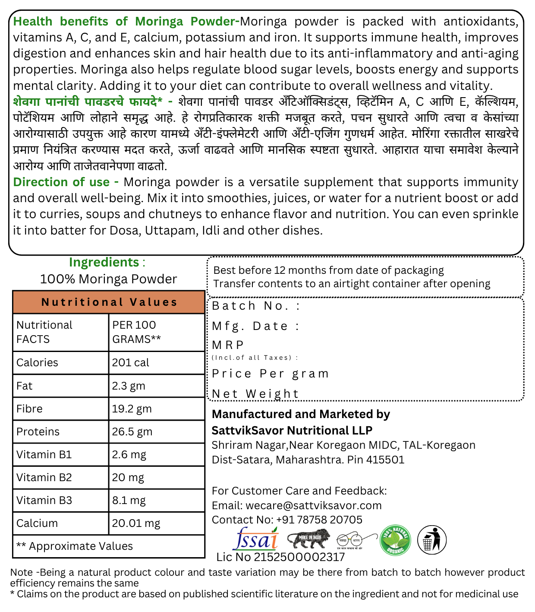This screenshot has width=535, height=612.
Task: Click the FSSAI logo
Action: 255,539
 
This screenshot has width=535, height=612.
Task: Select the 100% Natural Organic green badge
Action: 395,540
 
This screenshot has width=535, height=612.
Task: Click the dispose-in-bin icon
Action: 431,540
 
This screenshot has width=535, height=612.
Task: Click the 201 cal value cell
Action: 130,363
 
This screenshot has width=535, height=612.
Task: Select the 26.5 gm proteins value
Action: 132,432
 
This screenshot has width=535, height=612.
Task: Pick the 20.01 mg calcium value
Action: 136,523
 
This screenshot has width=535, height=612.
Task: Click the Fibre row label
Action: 29,409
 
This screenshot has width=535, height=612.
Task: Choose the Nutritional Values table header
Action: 109,302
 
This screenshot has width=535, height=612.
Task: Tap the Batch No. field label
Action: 255,306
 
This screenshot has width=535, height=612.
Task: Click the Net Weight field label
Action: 255,394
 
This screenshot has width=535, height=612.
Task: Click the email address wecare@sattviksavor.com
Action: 314,506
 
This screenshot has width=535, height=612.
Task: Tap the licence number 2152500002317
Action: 299,557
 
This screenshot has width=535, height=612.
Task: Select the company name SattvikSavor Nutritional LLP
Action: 292,431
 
